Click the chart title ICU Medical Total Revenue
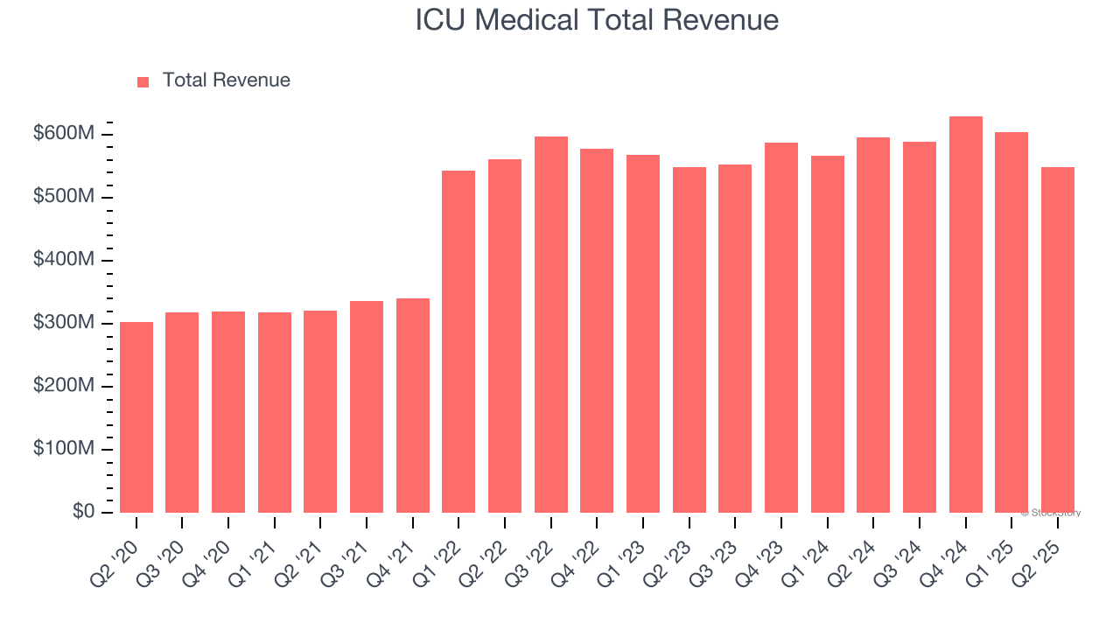pyautogui.click(x=597, y=20)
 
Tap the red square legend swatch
pyautogui.click(x=143, y=81)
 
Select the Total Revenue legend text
pyautogui.click(x=226, y=80)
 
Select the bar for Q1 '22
pyautogui.click(x=458, y=341)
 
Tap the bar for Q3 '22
pyautogui.click(x=551, y=325)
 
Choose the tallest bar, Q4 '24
pyautogui.click(x=966, y=314)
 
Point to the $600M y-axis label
pyautogui.click(x=64, y=134)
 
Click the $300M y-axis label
pyautogui.click(x=64, y=323)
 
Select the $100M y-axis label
pyautogui.click(x=64, y=449)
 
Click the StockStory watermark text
pyautogui.click(x=1051, y=513)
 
